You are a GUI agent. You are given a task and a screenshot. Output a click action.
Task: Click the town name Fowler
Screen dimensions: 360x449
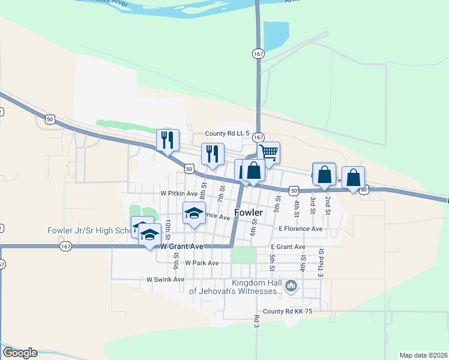click(249, 212)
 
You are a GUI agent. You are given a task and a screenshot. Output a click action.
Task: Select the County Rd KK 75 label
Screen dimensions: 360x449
click(288, 311)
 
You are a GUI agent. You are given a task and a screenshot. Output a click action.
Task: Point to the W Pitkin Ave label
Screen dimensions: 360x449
click(179, 194)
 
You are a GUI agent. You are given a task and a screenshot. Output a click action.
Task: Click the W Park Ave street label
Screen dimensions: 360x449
click(202, 263)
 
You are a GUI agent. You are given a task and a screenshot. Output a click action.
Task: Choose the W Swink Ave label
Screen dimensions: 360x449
click(165, 280)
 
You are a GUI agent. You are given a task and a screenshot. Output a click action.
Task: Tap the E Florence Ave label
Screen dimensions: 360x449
click(300, 229)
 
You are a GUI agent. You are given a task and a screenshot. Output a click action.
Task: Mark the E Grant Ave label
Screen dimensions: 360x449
click(288, 247)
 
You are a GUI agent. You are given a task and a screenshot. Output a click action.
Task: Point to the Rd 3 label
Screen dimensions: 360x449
click(256, 321)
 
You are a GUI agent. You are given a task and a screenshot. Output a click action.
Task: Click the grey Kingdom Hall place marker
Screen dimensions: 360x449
click(291, 286)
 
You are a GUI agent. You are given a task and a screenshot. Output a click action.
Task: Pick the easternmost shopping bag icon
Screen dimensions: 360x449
click(353, 178)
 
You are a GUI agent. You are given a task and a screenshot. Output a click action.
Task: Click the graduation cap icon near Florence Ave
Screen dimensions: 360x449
click(194, 214)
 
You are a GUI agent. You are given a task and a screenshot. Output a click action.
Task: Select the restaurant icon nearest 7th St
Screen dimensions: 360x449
click(212, 154)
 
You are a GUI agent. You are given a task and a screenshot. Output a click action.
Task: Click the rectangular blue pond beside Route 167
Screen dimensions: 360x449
click(276, 35)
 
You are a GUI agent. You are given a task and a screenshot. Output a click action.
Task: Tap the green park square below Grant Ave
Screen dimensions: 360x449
click(244, 255)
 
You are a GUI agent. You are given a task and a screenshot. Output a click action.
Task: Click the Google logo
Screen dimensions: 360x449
click(20, 353)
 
